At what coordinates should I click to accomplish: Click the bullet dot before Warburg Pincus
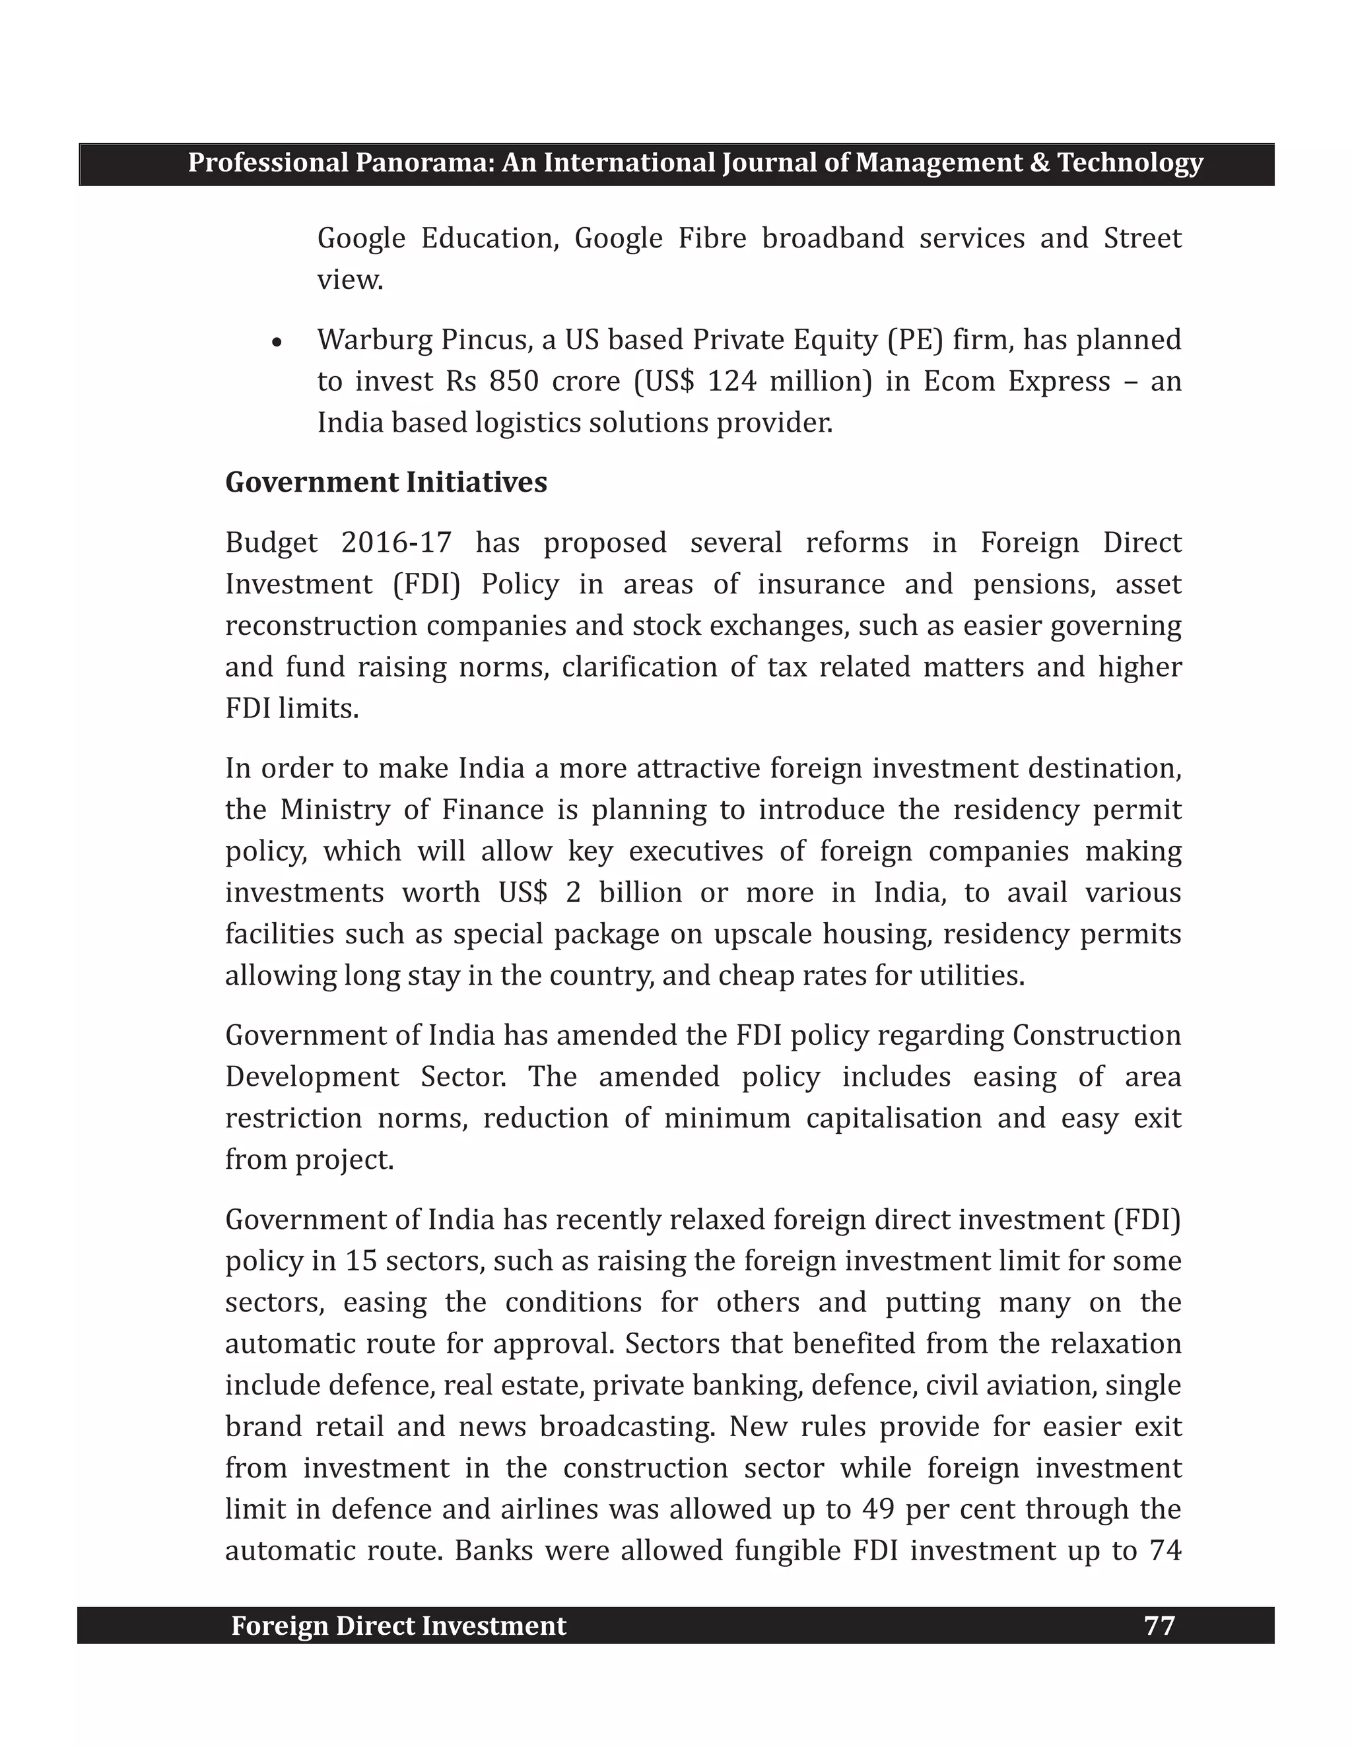click(277, 343)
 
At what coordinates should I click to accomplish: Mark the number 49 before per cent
click(879, 1509)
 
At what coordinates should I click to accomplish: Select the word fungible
click(784, 1550)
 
